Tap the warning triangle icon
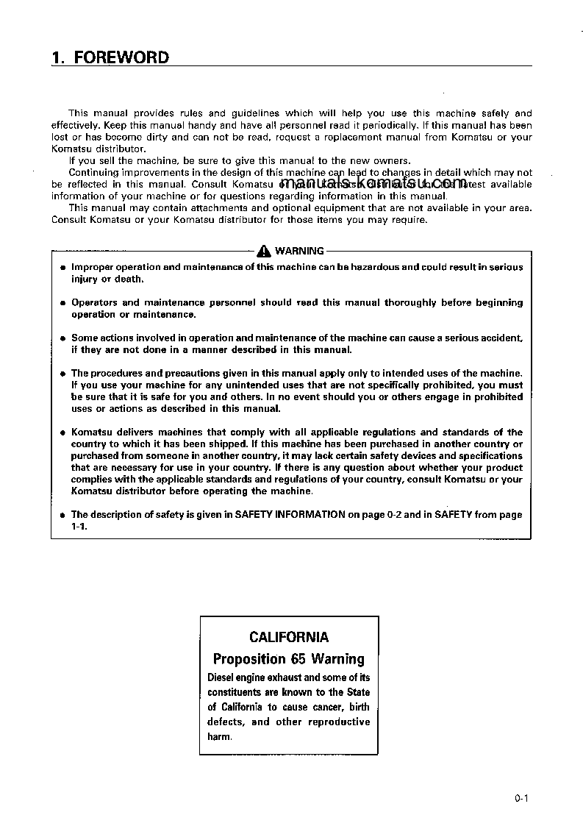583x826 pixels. click(264, 252)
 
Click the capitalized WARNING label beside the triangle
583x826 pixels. click(299, 251)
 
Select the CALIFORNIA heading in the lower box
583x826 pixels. click(288, 637)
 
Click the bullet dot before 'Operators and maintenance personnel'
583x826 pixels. click(62, 303)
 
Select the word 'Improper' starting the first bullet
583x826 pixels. click(93, 267)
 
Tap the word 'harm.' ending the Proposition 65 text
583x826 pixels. click(219, 736)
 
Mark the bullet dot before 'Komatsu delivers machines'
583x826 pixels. click(62, 432)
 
